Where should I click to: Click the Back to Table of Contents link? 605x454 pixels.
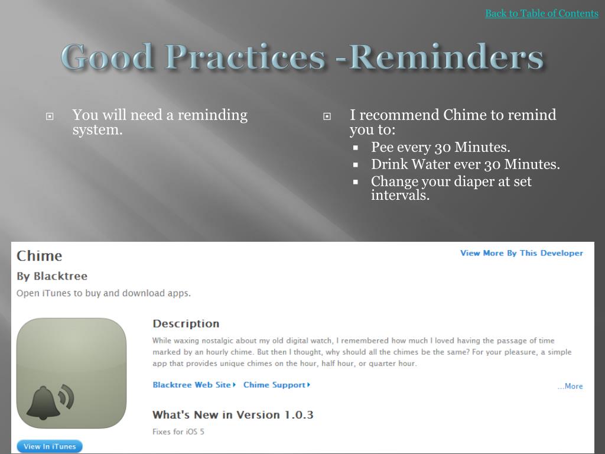tap(541, 13)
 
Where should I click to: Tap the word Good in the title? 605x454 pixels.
tap(108, 57)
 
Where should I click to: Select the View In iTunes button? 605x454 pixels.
tap(50, 446)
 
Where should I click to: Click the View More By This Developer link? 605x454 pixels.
tap(521, 253)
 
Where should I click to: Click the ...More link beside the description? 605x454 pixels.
tap(570, 386)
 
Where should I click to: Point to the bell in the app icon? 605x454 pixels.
tap(43, 404)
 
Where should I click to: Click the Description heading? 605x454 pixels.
tap(186, 323)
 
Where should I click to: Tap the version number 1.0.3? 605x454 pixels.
tap(298, 415)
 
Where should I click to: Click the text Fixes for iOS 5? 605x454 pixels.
tap(178, 432)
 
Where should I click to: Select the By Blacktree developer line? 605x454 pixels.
tap(52, 276)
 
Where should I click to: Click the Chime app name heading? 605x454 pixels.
tap(39, 256)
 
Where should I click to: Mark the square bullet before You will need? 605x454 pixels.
tap(50, 116)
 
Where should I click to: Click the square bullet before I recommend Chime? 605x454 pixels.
tap(327, 116)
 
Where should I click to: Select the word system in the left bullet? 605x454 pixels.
tap(95, 129)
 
